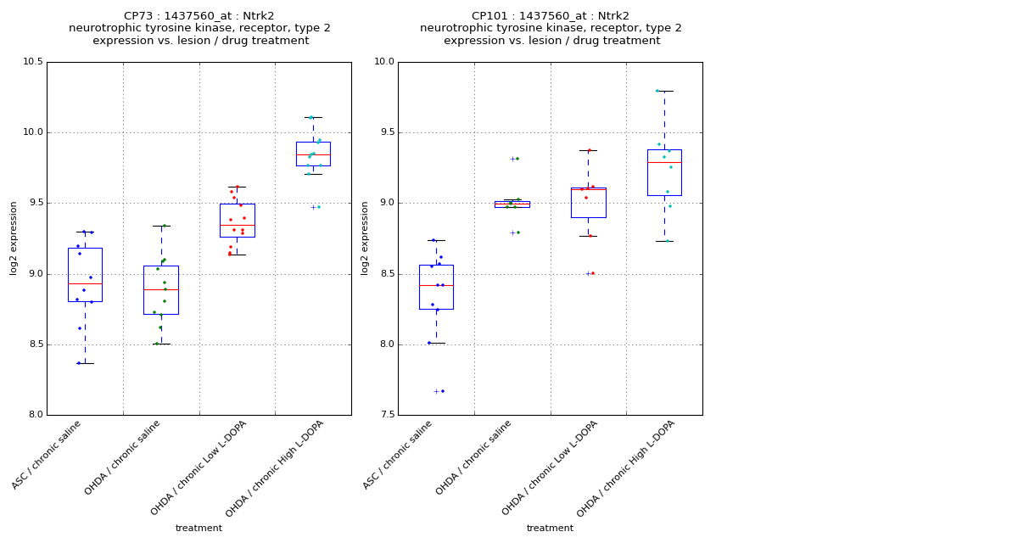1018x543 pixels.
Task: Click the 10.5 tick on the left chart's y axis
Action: [34, 62]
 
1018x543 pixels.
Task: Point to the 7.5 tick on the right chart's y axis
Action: [385, 415]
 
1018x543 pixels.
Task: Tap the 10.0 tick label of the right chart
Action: [383, 62]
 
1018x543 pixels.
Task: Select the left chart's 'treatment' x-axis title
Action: [199, 528]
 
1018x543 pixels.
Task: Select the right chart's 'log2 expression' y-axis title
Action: [365, 238]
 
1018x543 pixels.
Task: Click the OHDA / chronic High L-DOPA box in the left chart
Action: [313, 154]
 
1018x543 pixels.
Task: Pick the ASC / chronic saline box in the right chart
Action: [436, 287]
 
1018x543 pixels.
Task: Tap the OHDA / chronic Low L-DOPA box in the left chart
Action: [237, 220]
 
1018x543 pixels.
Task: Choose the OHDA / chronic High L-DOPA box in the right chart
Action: [664, 172]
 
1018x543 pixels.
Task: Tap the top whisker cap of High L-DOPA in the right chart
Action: [664, 91]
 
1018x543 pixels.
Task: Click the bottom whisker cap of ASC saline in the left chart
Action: [85, 363]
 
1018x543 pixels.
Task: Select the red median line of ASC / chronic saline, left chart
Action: [85, 283]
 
